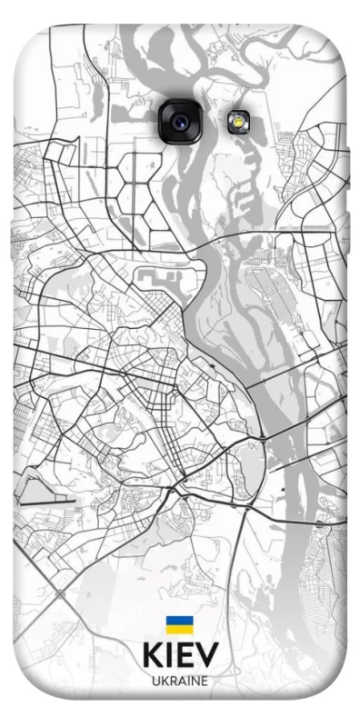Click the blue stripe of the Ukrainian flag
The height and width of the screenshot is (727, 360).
[178, 619]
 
